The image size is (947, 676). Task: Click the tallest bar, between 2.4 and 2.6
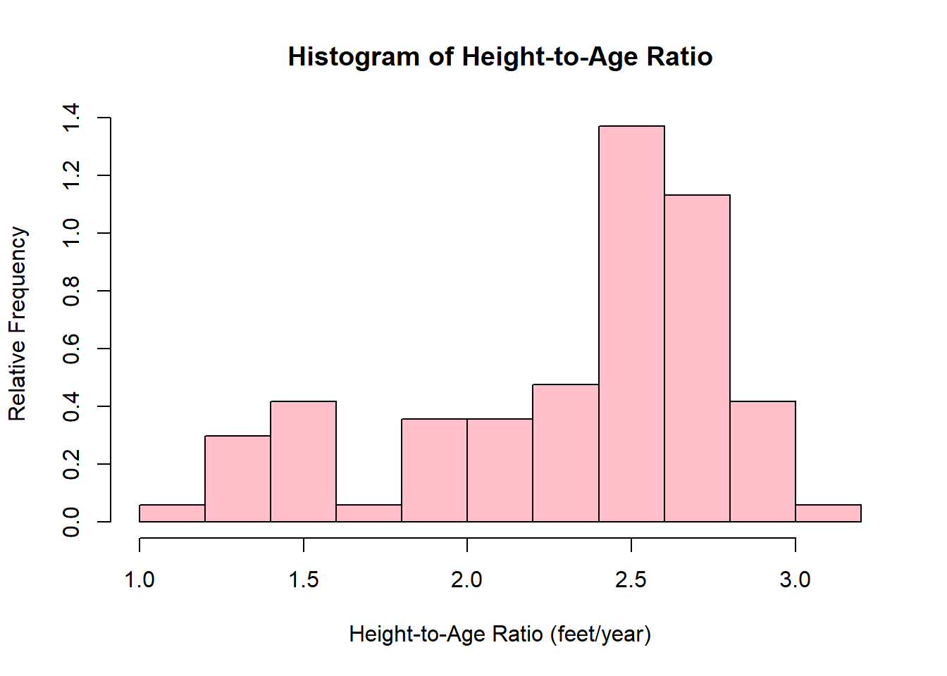pyautogui.click(x=631, y=324)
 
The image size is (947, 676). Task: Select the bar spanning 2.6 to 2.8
pyautogui.click(x=697, y=358)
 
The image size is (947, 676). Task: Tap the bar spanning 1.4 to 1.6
pyautogui.click(x=303, y=461)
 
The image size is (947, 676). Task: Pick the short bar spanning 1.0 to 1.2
pyautogui.click(x=172, y=513)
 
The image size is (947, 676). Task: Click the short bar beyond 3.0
pyautogui.click(x=828, y=513)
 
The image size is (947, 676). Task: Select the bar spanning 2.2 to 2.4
pyautogui.click(x=566, y=453)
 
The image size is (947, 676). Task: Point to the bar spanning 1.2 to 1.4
pyautogui.click(x=237, y=479)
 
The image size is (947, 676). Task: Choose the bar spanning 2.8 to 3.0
pyautogui.click(x=762, y=461)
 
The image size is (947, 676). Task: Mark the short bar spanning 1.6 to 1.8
pyautogui.click(x=369, y=513)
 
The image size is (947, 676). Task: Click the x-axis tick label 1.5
pyautogui.click(x=303, y=580)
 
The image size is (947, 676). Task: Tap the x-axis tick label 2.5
pyautogui.click(x=631, y=580)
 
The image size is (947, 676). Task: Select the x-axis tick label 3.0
pyautogui.click(x=795, y=580)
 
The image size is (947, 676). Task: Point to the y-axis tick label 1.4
pyautogui.click(x=71, y=118)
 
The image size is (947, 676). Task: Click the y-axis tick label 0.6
pyautogui.click(x=71, y=349)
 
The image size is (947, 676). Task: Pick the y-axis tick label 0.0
pyautogui.click(x=71, y=522)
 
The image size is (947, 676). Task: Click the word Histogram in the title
pyautogui.click(x=354, y=57)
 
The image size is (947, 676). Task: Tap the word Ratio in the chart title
pyautogui.click(x=679, y=56)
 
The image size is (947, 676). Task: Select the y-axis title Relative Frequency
pyautogui.click(x=18, y=324)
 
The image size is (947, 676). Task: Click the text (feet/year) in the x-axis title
pyautogui.click(x=600, y=634)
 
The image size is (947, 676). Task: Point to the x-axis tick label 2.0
pyautogui.click(x=466, y=580)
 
